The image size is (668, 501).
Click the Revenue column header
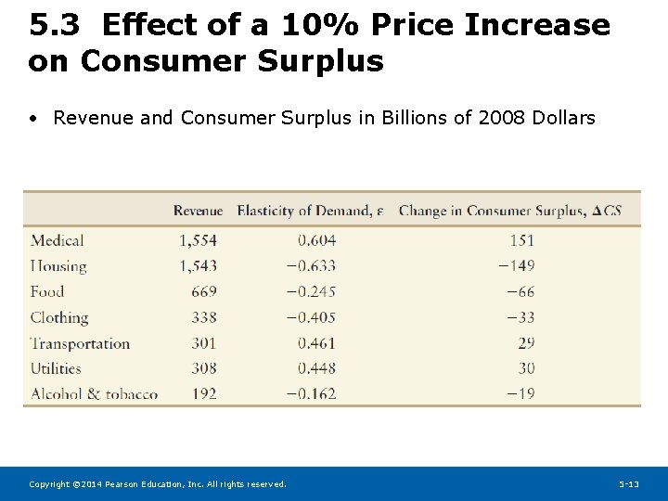(198, 211)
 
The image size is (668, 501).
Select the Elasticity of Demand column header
(309, 211)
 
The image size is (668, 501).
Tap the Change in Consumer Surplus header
(509, 211)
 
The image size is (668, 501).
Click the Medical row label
(58, 240)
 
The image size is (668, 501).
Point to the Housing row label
(58, 266)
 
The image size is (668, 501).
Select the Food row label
(47, 291)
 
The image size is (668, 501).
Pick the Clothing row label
(59, 317)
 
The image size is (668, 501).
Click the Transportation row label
(80, 343)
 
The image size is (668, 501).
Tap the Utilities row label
(57, 368)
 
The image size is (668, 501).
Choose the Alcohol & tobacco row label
(94, 393)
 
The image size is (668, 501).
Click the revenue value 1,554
(198, 240)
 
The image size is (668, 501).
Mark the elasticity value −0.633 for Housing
(311, 266)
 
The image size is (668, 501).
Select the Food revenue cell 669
(204, 291)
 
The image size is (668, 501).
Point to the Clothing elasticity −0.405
(311, 317)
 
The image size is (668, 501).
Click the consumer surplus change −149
(516, 266)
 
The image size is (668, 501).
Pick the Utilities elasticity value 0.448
(316, 368)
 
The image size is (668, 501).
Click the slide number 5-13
(629, 484)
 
